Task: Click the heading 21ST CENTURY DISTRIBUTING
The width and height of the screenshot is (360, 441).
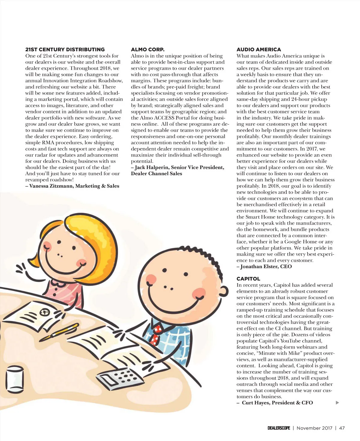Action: click(65, 49)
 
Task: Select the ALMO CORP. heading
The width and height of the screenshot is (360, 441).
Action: click(148, 49)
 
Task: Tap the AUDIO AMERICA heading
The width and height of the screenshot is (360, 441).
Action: click(259, 49)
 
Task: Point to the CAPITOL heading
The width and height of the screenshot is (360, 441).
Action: click(248, 279)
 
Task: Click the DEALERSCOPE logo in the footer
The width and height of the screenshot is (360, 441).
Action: click(279, 428)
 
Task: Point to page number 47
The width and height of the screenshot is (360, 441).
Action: click(342, 428)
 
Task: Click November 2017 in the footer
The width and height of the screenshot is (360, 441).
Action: click(314, 428)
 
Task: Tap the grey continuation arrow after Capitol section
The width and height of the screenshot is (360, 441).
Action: click(337, 403)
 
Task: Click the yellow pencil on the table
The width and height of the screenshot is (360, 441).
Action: click(59, 332)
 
